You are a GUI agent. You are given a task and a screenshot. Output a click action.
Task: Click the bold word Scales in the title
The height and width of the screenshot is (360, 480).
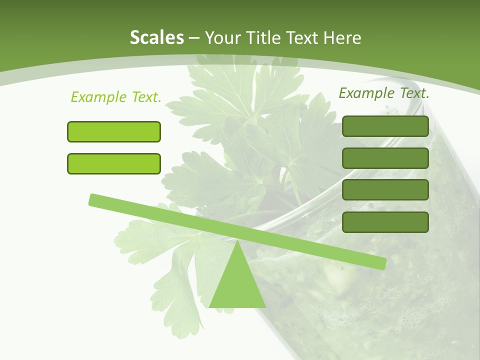click(156, 37)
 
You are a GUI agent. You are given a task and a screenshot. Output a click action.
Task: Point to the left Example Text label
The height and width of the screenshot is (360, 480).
click(116, 97)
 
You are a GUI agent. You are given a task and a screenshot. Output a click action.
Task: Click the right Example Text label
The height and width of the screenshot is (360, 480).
click(384, 93)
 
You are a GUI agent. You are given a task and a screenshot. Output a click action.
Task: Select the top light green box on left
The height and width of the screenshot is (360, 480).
click(114, 131)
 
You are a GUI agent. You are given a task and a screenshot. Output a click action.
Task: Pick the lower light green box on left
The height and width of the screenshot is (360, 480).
click(114, 163)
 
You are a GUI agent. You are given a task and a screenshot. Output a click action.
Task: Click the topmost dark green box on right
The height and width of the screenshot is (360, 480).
click(385, 126)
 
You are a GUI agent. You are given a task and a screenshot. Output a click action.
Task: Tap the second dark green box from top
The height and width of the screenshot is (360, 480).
click(385, 158)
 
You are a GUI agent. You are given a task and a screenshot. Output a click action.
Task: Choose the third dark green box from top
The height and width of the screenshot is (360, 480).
click(385, 190)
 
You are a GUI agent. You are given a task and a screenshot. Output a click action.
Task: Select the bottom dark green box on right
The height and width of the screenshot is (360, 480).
click(385, 222)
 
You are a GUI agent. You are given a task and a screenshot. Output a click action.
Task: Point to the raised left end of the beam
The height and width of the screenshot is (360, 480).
click(93, 199)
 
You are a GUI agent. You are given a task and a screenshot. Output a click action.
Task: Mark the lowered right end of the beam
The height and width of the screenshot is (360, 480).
click(382, 263)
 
